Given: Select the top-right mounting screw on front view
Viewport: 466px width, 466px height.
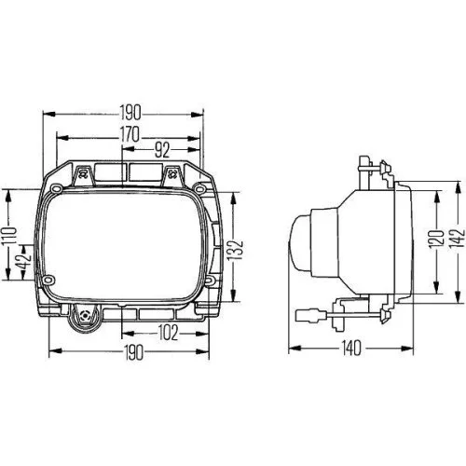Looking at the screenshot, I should tap(171, 171).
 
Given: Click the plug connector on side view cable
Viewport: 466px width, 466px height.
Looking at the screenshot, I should tap(332, 316).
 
